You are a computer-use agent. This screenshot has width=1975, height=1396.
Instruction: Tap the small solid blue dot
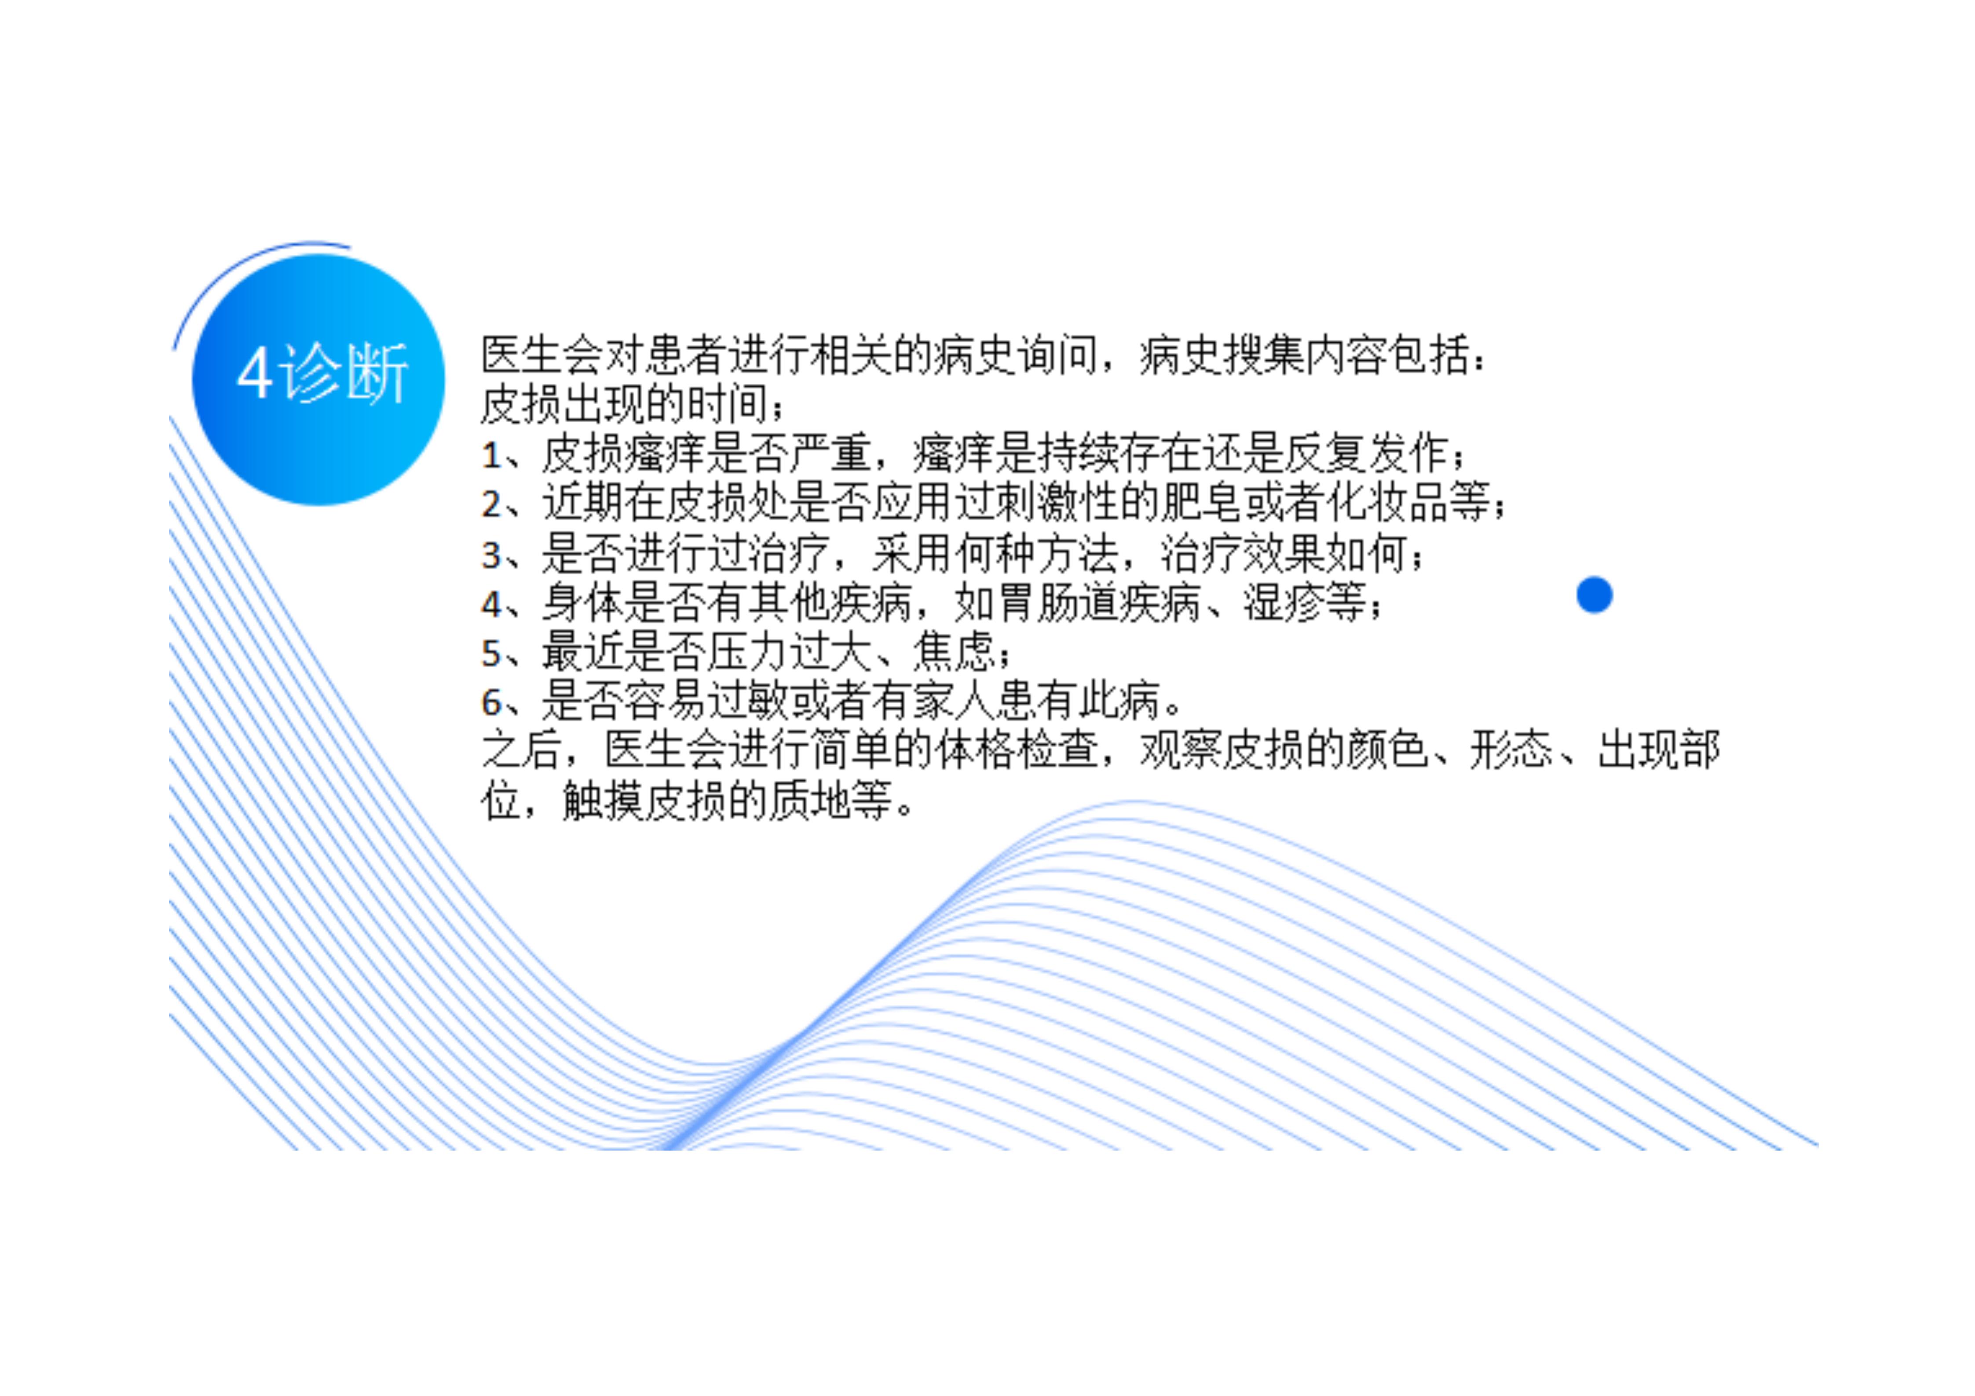pyautogui.click(x=1594, y=595)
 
